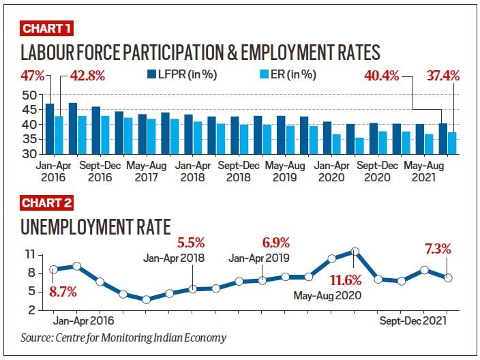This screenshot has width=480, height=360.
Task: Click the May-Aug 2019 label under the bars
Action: [285, 171]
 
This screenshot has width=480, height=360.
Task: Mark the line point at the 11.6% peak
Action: [355, 252]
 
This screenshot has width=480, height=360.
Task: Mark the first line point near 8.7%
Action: [54, 269]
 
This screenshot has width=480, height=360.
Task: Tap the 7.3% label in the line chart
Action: [436, 249]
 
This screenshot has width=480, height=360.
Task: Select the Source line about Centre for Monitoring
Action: [123, 337]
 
